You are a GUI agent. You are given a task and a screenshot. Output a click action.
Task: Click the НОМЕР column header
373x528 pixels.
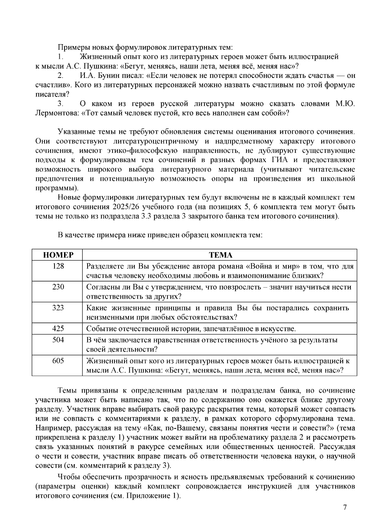(x=58, y=255)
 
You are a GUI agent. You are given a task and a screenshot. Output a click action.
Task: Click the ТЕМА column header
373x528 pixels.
(x=220, y=255)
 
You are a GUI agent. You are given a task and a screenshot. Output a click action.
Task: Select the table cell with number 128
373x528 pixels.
(x=58, y=266)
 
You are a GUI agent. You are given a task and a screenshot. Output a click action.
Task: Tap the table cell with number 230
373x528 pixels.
(x=58, y=287)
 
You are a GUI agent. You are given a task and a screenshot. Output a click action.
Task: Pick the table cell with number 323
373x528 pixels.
(x=58, y=308)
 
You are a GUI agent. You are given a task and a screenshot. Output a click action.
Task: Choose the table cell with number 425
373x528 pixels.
(x=58, y=329)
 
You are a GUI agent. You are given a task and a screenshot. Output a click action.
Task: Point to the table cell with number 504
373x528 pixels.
(x=58, y=340)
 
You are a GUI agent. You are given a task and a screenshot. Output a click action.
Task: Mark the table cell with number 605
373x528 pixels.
(x=58, y=361)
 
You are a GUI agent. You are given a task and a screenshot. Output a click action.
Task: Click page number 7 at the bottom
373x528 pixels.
(x=344, y=507)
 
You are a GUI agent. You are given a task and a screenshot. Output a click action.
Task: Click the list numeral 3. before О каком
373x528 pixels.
(x=60, y=104)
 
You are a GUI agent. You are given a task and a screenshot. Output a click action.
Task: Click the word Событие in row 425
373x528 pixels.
(x=99, y=329)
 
